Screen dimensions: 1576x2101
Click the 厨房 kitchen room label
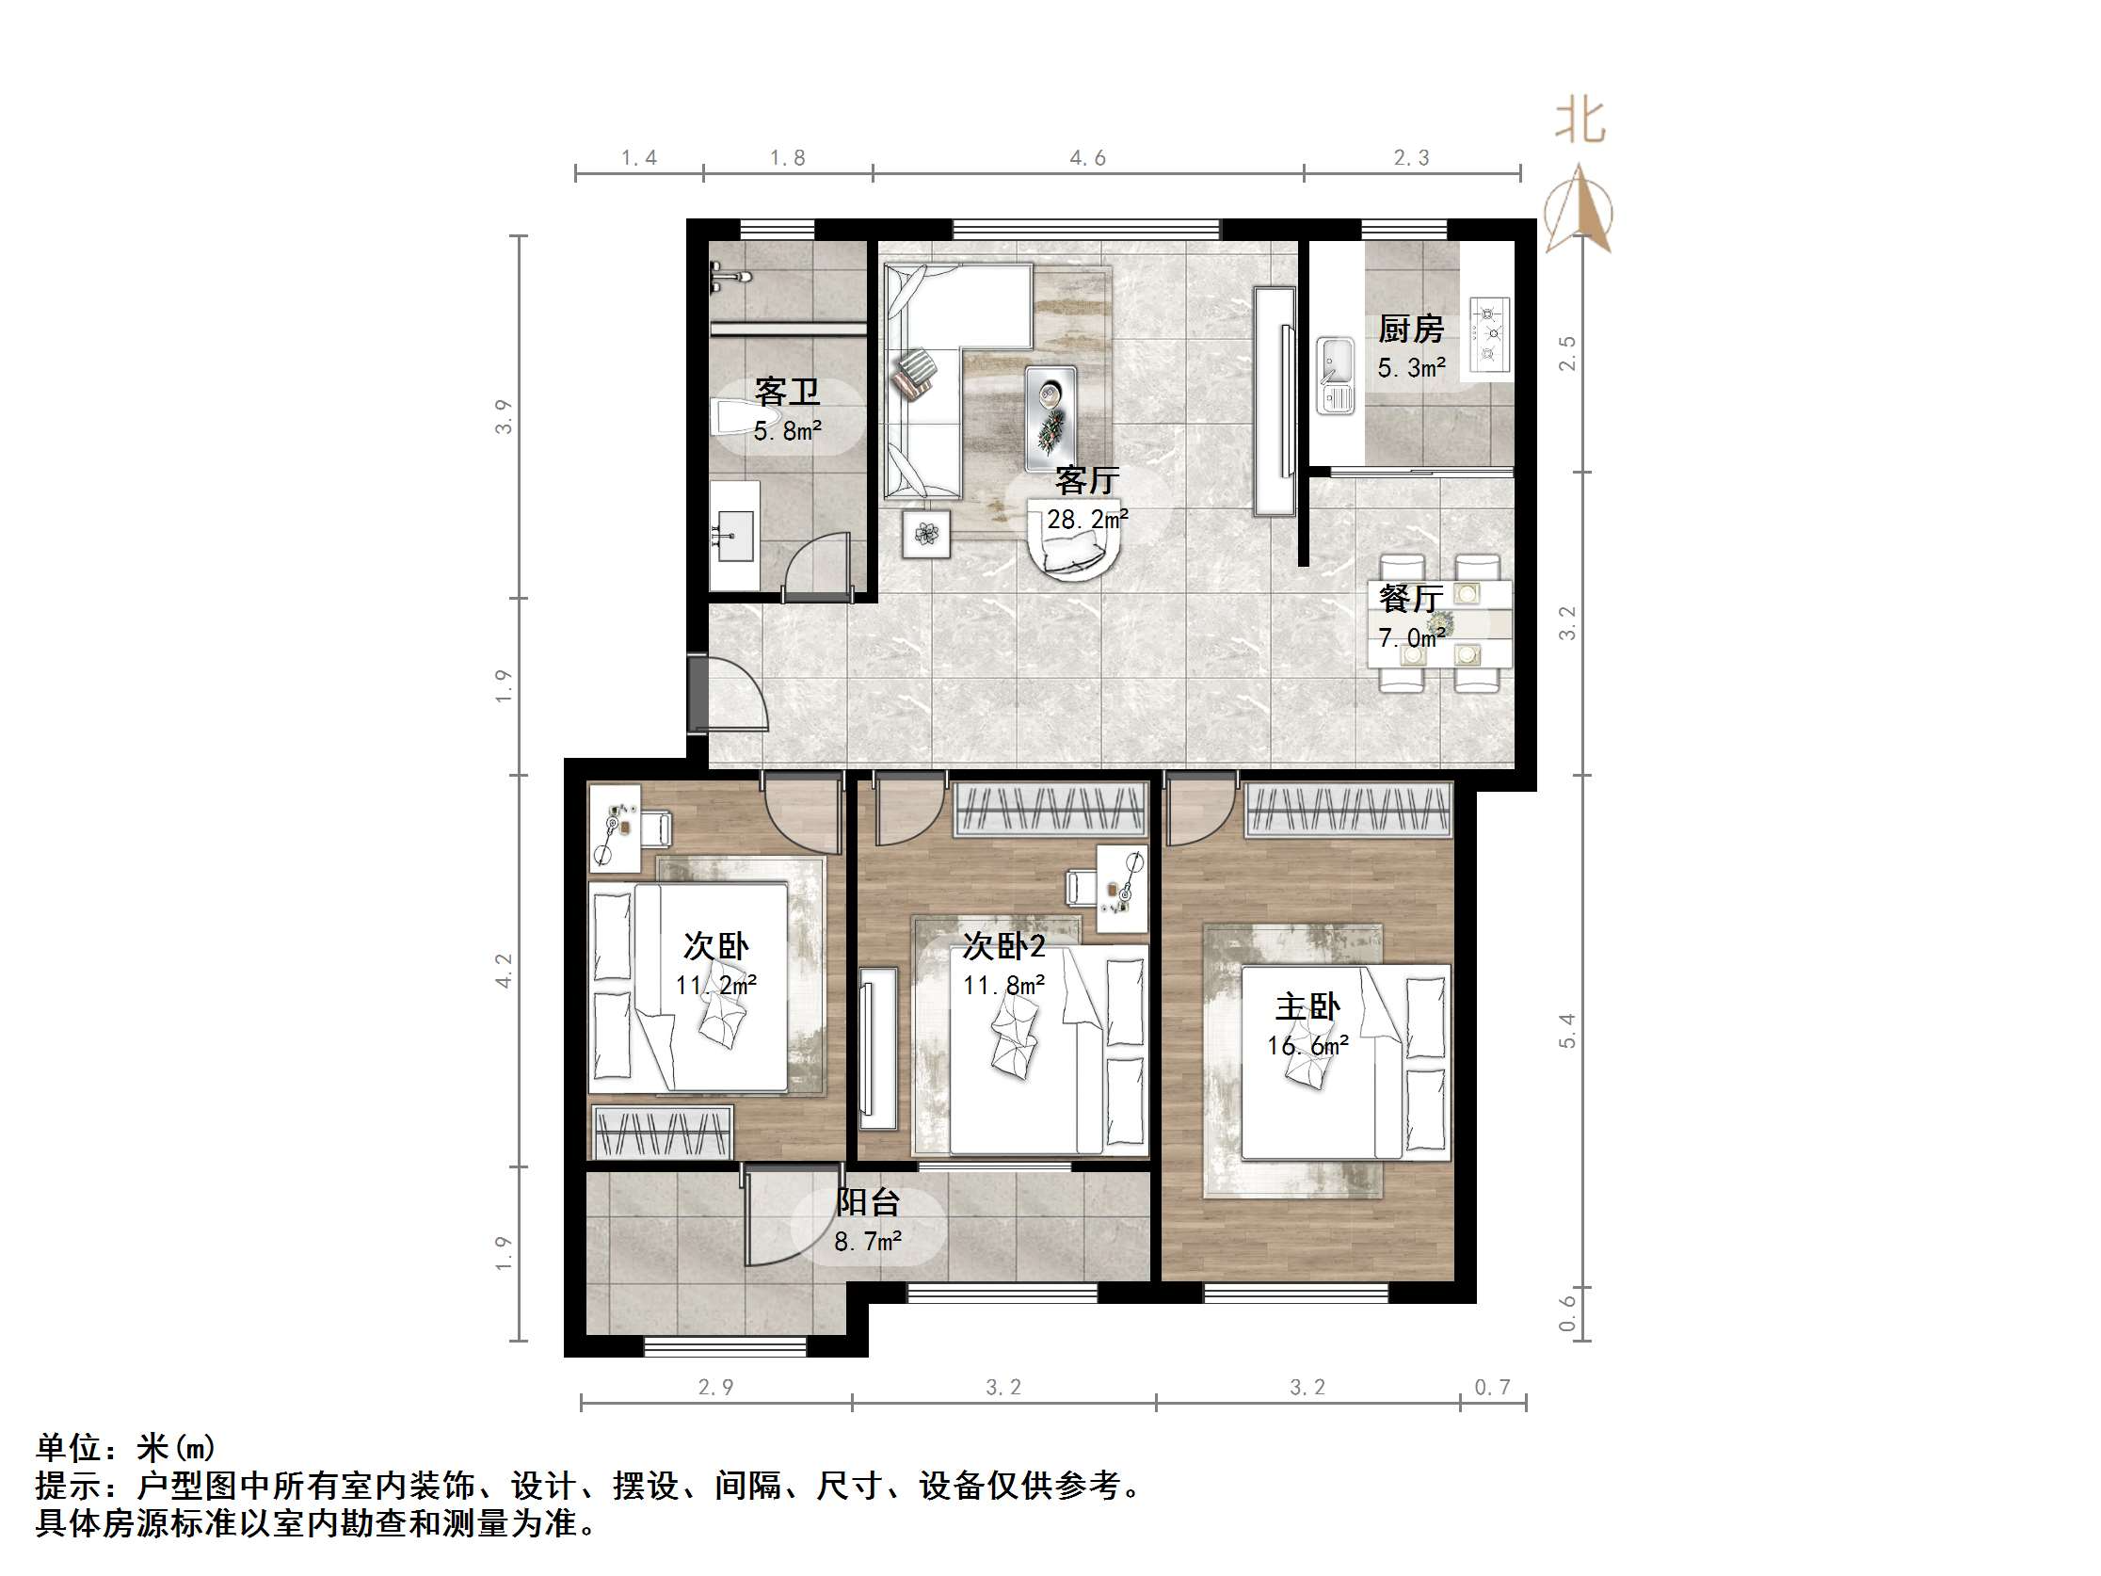pos(1410,330)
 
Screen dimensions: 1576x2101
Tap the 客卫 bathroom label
pos(786,392)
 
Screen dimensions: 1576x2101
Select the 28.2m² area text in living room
pos(1087,519)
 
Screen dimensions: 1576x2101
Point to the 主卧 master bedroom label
pos(1307,1007)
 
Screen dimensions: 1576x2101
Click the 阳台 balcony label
pos(867,1202)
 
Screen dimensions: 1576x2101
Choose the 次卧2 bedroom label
pos(1003,946)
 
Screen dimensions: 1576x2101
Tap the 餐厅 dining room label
pos(1410,599)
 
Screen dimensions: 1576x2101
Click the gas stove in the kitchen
pos(1488,333)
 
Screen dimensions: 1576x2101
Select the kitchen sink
pos(1336,376)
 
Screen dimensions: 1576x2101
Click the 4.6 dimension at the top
pos(1087,158)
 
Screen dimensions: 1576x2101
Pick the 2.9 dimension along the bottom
pos(715,1388)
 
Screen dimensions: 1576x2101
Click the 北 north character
pos(1580,121)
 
